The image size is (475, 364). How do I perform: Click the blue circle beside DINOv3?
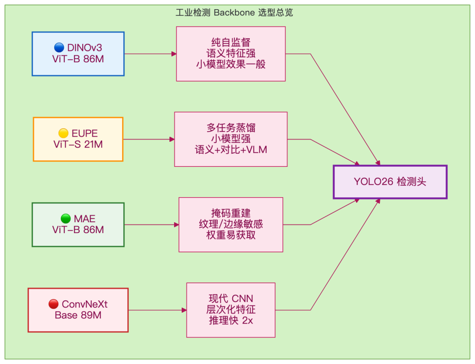coord(59,47)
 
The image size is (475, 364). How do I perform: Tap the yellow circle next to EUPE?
coord(63,133)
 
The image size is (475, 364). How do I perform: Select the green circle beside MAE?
coord(66,219)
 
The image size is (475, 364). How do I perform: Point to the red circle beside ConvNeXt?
coord(54,304)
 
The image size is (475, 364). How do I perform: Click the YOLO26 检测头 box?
coord(390,182)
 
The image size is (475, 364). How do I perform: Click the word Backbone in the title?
coord(234,13)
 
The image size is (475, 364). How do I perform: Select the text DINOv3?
coord(84,48)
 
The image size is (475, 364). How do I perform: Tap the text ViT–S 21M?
coord(78,144)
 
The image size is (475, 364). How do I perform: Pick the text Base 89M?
coord(78,315)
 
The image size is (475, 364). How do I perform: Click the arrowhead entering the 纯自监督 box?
coord(174,54)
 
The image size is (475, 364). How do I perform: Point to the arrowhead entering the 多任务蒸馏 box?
coord(172,139)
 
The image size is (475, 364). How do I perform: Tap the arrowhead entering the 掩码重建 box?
coord(177,225)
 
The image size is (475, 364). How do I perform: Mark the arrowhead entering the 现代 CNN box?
coord(184,310)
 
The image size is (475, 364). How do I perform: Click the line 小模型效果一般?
coord(231,65)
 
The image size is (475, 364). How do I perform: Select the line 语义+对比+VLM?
coord(231,150)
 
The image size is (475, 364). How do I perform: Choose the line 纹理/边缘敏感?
coord(231,224)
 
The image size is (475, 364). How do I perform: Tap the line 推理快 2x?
coord(231,321)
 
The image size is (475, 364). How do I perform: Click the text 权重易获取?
coord(231,235)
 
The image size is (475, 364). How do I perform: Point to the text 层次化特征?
coord(231,310)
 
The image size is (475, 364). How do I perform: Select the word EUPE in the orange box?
coord(84,133)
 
